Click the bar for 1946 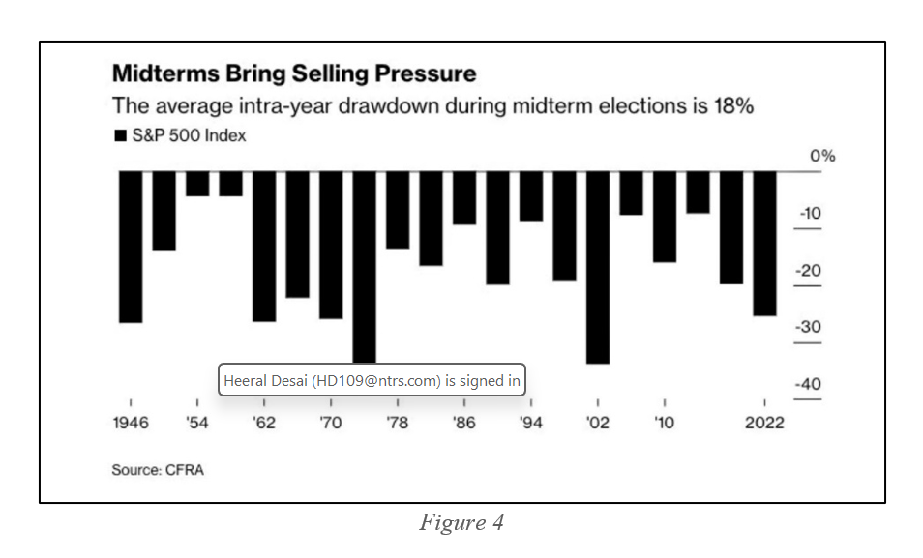[131, 247]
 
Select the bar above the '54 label [197, 184]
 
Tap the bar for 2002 [598, 267]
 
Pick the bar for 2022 [764, 244]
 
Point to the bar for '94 [531, 196]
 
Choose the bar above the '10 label [665, 217]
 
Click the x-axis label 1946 [131, 424]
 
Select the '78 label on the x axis [398, 424]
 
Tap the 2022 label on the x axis [764, 424]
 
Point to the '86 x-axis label [464, 424]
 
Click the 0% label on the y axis [822, 157]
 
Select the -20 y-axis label [808, 271]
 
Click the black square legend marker [121, 135]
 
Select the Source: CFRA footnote [159, 470]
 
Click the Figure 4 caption [461, 523]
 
